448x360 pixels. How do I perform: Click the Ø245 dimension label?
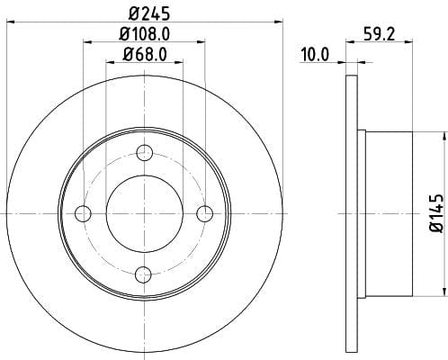(x=149, y=13)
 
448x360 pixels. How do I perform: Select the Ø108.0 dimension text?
(x=145, y=34)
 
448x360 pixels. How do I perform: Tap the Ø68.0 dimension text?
(x=145, y=55)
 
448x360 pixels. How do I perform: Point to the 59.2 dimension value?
(x=380, y=34)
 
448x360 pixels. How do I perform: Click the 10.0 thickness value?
(x=315, y=55)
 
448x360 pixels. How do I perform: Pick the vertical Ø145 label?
(x=436, y=213)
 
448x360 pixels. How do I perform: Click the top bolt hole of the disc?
(x=145, y=153)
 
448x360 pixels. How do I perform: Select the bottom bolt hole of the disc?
(x=143, y=274)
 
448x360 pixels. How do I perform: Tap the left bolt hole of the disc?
(x=83, y=214)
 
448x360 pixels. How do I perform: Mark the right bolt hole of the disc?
(x=205, y=213)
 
